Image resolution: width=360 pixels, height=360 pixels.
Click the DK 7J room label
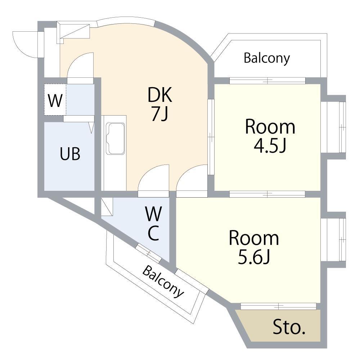(160, 104)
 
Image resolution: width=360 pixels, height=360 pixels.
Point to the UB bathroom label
(70, 154)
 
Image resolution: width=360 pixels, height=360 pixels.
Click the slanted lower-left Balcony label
(163, 281)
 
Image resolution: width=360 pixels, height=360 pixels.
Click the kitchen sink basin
(115, 139)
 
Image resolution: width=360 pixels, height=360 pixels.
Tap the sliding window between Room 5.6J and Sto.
(278, 306)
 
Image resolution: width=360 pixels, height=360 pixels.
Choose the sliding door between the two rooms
(267, 194)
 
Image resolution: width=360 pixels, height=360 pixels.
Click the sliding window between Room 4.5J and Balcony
(267, 81)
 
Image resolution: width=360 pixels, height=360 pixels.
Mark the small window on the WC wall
(148, 253)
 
